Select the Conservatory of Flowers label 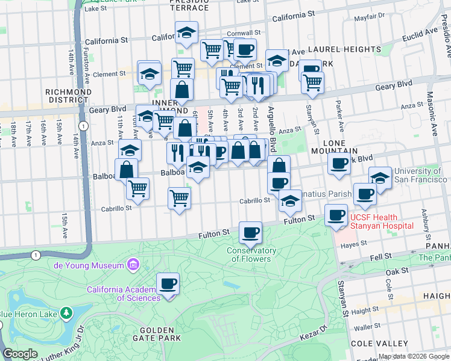click(x=251, y=255)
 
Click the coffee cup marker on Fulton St click(x=251, y=232)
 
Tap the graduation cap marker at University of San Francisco click(x=380, y=178)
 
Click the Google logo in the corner click(x=20, y=354)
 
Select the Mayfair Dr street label click(x=369, y=17)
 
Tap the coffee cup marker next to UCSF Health click(x=336, y=215)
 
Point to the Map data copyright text click(x=413, y=356)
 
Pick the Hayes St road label click(x=354, y=244)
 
